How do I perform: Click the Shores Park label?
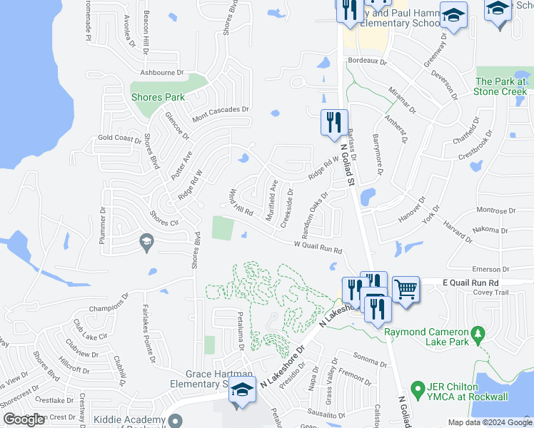(158, 97)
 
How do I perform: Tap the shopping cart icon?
(405, 289)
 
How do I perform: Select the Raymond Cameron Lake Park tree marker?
(479, 333)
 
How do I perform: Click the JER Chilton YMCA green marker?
(415, 389)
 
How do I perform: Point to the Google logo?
(24, 419)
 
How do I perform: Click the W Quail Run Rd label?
(318, 248)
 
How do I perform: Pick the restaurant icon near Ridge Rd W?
(334, 122)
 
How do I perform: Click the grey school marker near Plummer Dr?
(146, 243)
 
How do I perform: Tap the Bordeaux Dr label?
(367, 62)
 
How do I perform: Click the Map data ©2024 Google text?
(489, 422)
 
